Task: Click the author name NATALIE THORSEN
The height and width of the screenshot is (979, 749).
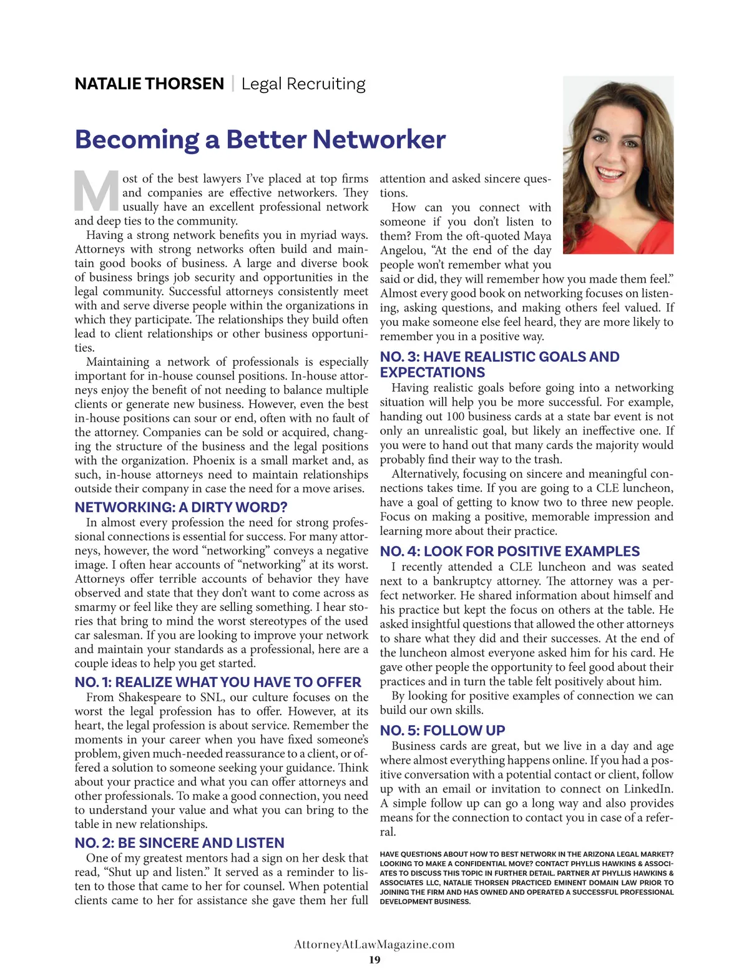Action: click(149, 84)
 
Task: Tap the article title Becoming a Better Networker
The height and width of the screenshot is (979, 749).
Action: click(260, 139)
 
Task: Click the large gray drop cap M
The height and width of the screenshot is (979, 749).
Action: click(96, 191)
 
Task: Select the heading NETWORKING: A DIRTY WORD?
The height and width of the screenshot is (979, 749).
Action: click(180, 507)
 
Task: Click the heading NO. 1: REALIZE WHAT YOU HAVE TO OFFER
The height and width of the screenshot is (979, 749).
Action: click(218, 682)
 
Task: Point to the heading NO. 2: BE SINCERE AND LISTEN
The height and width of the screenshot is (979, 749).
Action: click(179, 843)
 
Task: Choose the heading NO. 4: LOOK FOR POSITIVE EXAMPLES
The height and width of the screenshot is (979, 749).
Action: click(509, 552)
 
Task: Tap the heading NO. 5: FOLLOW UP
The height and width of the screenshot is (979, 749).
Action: click(443, 731)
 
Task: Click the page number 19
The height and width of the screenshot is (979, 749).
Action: click(374, 960)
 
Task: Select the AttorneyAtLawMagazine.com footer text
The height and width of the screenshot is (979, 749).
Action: click(374, 944)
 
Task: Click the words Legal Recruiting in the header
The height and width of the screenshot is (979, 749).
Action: click(303, 84)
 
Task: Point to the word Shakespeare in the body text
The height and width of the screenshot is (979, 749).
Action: click(150, 697)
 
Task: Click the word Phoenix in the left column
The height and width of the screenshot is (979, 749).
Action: click(214, 460)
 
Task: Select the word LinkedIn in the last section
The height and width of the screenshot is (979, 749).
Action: click(649, 789)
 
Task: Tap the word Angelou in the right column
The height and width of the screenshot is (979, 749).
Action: click(401, 250)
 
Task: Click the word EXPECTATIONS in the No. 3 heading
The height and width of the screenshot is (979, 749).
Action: click(432, 373)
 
